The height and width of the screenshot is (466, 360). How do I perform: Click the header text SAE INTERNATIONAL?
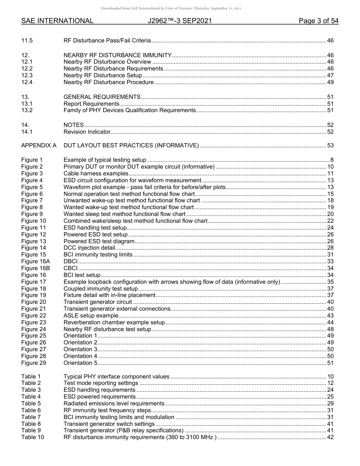pos(57,21)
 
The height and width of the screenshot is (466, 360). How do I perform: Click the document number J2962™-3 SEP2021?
pos(180,21)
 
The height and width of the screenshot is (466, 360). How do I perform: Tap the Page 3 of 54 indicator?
pos(318,21)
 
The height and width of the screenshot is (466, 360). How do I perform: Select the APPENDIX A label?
pos(39,145)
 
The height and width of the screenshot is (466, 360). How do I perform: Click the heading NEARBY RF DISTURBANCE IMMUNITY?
pos(117,55)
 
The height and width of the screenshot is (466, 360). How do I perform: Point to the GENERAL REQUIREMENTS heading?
pos(102,97)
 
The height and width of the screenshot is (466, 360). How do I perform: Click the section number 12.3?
pos(27,75)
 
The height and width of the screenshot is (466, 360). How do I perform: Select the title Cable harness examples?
pos(96,174)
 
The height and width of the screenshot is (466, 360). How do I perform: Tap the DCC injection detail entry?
pos(89,248)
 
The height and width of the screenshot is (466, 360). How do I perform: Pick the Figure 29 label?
pos(33,363)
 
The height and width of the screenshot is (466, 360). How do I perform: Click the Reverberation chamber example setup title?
pos(114,322)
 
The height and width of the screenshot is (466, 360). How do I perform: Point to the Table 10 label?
pos(32,437)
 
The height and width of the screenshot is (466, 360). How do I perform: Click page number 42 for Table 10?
pos(330,437)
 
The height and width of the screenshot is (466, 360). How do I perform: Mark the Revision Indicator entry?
pos(87,132)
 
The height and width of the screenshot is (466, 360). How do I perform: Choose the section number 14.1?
pos(27,132)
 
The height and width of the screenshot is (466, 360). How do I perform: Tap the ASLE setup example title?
pos(91,316)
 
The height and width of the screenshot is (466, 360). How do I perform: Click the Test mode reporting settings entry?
pos(101,383)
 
